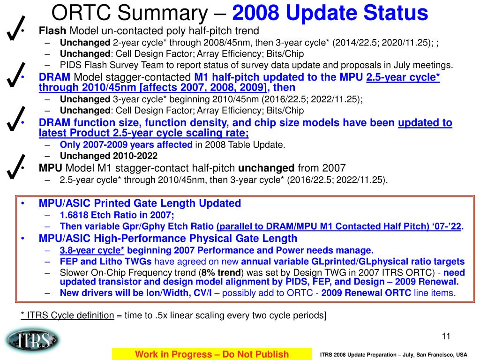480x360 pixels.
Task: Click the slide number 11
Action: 446,336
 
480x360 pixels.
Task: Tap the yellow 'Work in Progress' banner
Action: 212,354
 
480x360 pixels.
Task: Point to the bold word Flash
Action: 53,31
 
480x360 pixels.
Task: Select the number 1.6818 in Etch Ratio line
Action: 75,215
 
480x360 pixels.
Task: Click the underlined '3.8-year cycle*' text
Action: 92,250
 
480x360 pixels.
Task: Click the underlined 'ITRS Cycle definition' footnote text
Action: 67,315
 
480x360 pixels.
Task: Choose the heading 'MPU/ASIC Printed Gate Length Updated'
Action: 140,203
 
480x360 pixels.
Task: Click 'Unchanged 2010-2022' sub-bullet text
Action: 109,156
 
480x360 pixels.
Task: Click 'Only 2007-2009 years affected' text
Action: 126,144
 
